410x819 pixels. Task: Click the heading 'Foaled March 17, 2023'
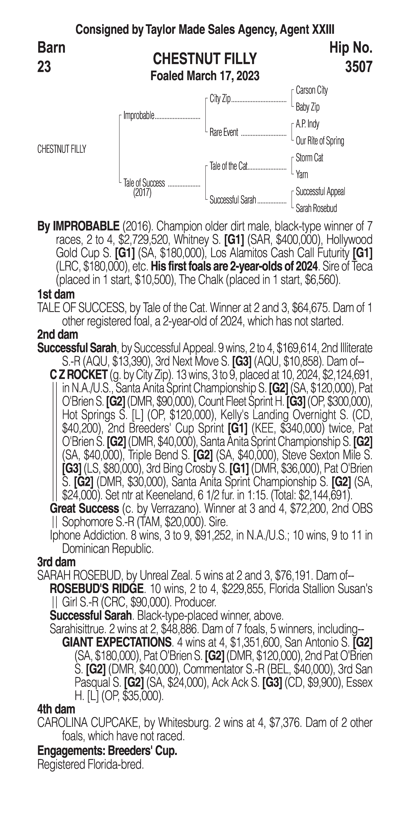[205, 76]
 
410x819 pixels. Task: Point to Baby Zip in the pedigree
[307, 107]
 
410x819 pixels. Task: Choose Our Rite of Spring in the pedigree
[320, 141]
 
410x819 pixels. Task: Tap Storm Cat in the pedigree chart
[309, 158]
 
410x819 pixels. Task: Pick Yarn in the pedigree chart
[302, 175]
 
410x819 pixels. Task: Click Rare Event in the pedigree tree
[224, 133]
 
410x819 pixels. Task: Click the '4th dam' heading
[56, 709]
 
